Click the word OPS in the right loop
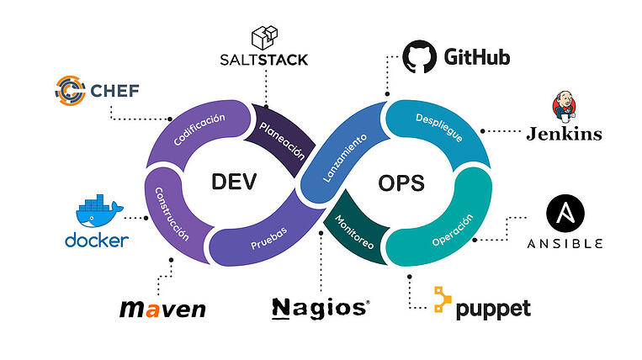(401, 182)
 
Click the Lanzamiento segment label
(344, 158)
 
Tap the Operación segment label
(454, 230)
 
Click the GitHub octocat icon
(420, 58)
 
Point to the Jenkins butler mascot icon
(564, 108)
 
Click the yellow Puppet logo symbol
(443, 300)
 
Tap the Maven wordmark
(162, 309)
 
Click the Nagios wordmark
(320, 308)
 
